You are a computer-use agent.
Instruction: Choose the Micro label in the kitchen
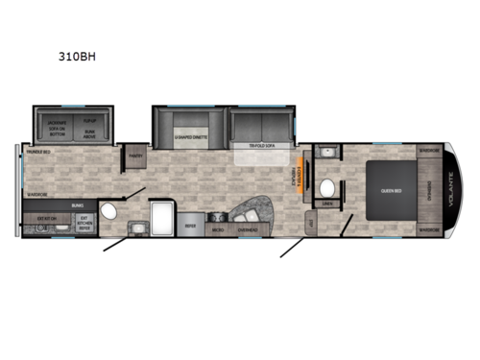coord(219,229)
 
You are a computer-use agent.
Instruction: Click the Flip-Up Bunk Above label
coord(91,126)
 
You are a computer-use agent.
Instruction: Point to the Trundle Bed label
coord(38,150)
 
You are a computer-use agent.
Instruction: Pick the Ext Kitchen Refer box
coord(83,223)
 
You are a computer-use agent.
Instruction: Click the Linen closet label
coord(327,204)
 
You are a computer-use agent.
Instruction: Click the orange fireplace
coord(305,178)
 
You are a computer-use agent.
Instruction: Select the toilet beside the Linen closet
coord(327,186)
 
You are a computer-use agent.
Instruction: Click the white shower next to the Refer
coord(160,216)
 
